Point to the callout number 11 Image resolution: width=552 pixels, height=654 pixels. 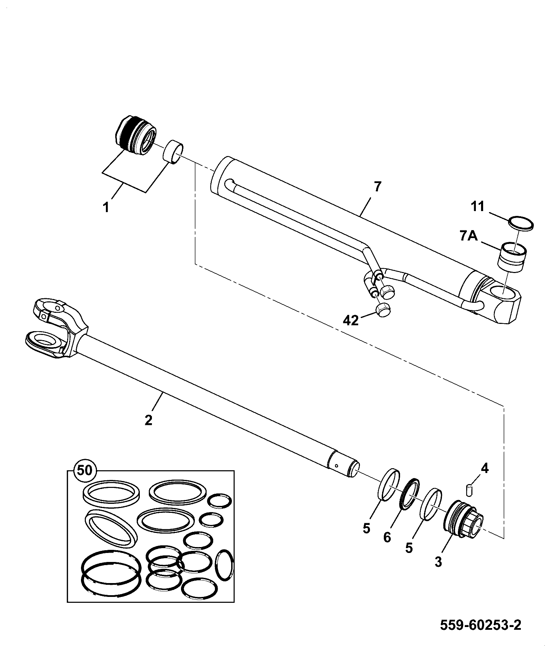(478, 207)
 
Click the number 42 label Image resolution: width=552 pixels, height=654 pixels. (351, 321)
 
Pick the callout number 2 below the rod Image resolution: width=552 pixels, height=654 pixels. (148, 420)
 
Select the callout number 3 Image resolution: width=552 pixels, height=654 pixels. (438, 562)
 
